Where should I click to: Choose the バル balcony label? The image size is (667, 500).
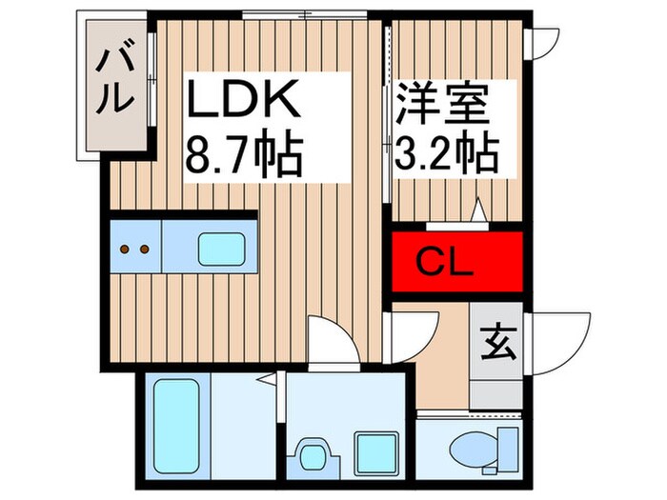click(x=112, y=81)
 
